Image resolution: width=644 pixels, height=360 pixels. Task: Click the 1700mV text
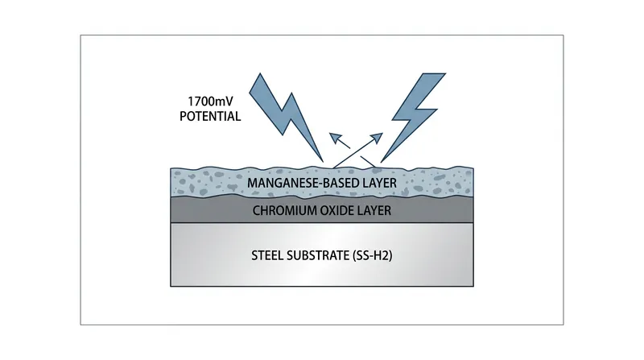210,101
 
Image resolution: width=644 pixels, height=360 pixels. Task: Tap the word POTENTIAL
210,116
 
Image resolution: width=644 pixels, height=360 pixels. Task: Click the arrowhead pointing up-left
336,138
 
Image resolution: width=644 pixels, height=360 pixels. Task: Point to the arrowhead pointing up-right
377,138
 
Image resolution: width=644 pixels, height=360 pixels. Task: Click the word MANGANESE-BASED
303,183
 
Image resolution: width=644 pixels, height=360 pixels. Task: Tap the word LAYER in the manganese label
380,183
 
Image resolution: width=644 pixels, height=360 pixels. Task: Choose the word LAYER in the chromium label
374,211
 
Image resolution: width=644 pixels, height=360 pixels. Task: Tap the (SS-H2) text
373,255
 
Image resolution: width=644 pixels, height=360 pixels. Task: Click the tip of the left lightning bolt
324,162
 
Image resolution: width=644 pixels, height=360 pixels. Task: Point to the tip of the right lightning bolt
382,162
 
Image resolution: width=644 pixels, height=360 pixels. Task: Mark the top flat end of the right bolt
434,74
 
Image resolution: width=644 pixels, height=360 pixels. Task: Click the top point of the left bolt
260,74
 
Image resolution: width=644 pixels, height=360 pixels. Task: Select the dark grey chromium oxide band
322,210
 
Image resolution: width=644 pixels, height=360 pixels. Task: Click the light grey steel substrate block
322,254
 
